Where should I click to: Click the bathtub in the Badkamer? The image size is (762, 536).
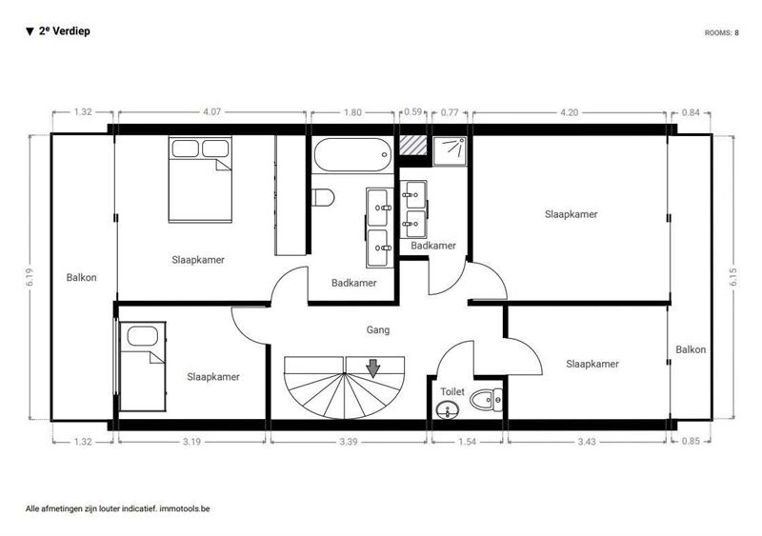click(352, 155)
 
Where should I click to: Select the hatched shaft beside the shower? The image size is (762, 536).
click(413, 145)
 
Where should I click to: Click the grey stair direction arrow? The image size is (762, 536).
click(372, 368)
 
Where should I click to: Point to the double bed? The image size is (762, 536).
click(200, 179)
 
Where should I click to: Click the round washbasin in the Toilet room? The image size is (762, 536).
click(447, 410)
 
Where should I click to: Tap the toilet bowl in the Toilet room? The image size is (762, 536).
click(486, 400)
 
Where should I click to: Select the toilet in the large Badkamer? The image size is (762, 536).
click(323, 197)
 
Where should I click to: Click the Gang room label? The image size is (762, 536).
click(377, 330)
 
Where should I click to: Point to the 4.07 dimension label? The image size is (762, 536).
click(211, 111)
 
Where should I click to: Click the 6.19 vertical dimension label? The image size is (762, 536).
click(30, 276)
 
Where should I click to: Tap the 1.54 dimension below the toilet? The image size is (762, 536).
click(467, 442)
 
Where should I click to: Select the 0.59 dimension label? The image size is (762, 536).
click(413, 111)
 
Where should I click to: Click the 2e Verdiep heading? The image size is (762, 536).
click(64, 31)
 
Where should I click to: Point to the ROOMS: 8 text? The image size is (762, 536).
click(722, 33)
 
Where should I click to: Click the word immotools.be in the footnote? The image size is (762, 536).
click(185, 508)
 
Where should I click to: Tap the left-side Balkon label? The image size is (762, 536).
click(81, 277)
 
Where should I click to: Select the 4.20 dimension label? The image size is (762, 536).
click(569, 112)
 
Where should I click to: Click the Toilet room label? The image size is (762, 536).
click(452, 391)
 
